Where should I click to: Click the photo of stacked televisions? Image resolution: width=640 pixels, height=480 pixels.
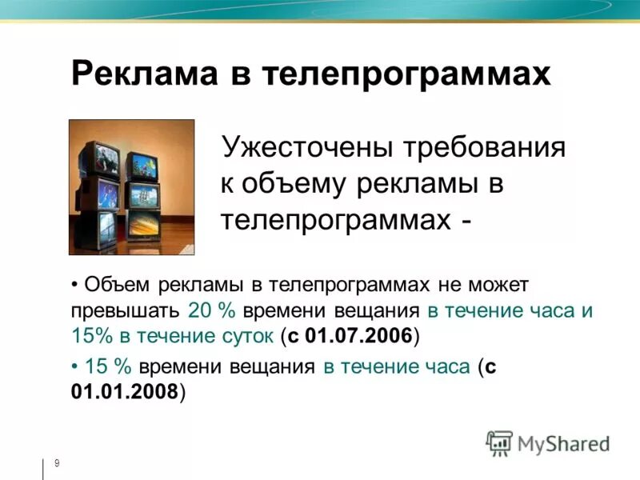pyautogui.click(x=131, y=186)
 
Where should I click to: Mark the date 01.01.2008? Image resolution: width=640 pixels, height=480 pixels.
pyautogui.click(x=125, y=392)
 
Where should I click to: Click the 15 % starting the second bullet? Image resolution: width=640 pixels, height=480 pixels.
pyautogui.click(x=108, y=367)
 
